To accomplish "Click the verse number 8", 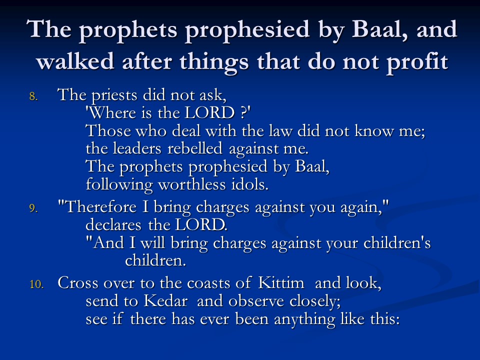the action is coord(33,96).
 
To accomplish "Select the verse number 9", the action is coord(33,208).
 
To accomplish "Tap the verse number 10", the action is coord(36,284).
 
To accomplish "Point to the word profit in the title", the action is coord(417,61).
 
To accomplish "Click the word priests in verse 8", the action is coord(114,95).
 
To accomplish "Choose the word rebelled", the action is coord(194,148).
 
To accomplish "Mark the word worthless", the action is coord(191,184).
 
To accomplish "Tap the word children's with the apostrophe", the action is coord(397,243).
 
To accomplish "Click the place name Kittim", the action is coord(281,282).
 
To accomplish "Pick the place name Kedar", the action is coord(165,301).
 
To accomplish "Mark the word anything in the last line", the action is coord(304,319).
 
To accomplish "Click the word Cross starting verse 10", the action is coord(78,282).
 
